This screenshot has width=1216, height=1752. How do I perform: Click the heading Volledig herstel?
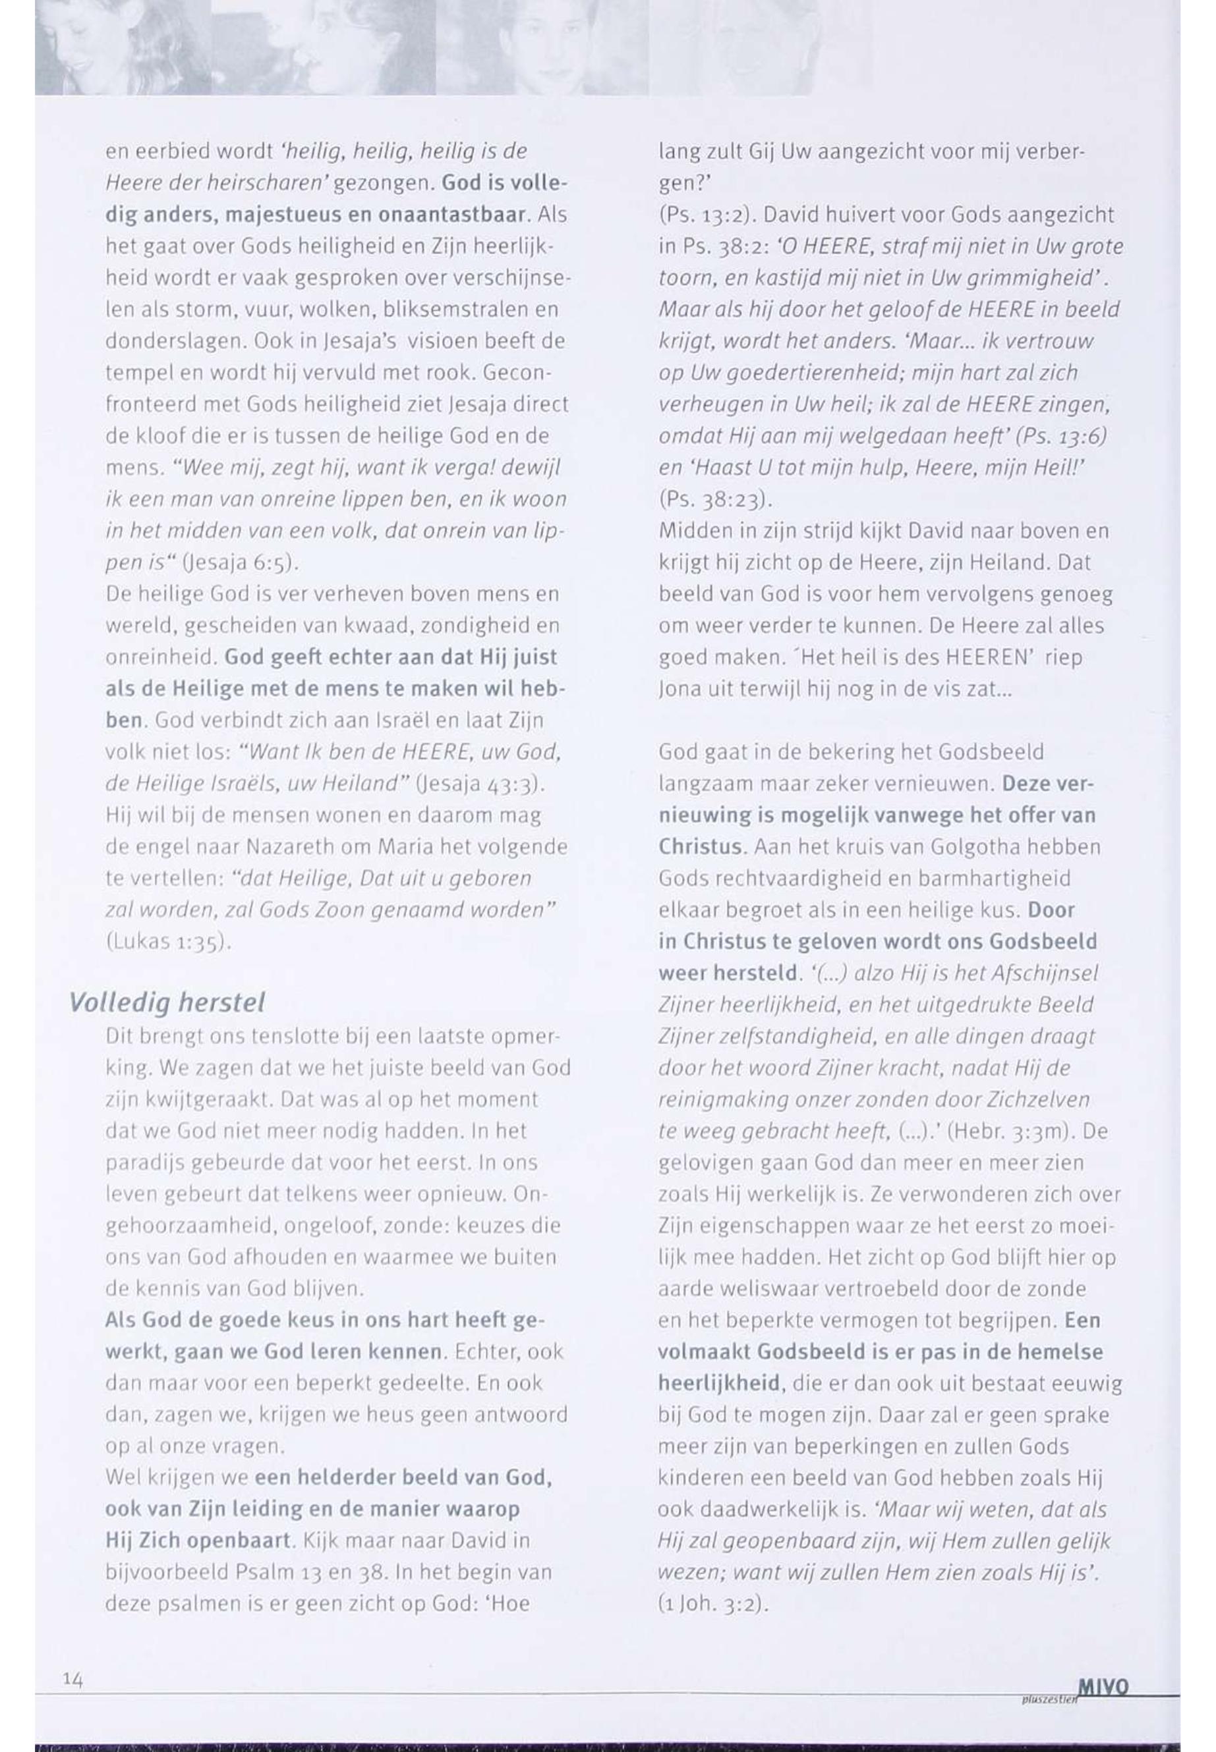coord(167,1002)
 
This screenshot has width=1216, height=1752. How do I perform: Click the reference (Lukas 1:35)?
coord(167,942)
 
